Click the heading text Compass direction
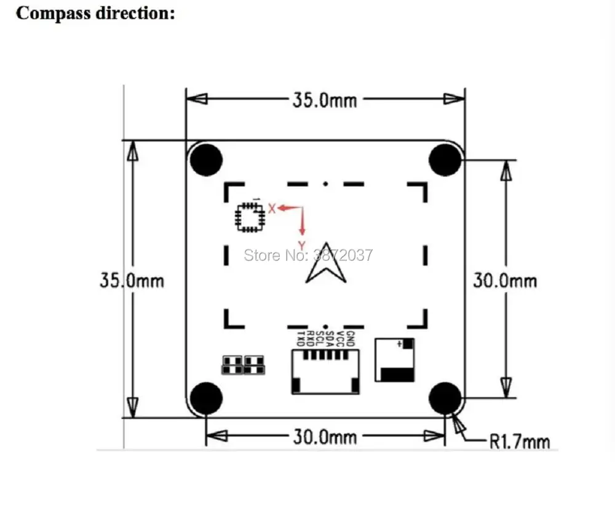coord(95,14)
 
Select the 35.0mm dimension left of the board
coord(132,281)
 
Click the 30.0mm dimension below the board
coord(324,437)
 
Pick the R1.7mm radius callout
coord(519,441)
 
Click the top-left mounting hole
coord(205,160)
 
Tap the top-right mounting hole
coord(445,160)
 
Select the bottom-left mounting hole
coord(205,399)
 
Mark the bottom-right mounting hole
coord(445,399)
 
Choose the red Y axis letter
coord(302,244)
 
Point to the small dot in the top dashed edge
coord(325,183)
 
